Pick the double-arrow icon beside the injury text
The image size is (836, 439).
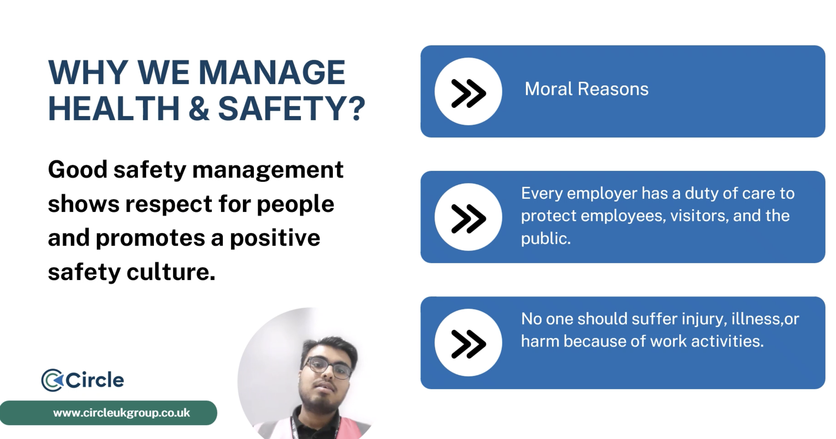(468, 344)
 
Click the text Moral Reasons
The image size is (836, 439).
(586, 89)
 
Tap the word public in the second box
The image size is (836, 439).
(546, 239)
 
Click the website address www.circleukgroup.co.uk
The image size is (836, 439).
(121, 413)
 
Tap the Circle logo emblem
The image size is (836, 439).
(52, 380)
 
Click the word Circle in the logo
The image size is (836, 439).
(95, 380)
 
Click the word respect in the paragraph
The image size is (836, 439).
(169, 204)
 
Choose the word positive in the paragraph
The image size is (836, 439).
(275, 238)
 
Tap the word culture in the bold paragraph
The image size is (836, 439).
(171, 272)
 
